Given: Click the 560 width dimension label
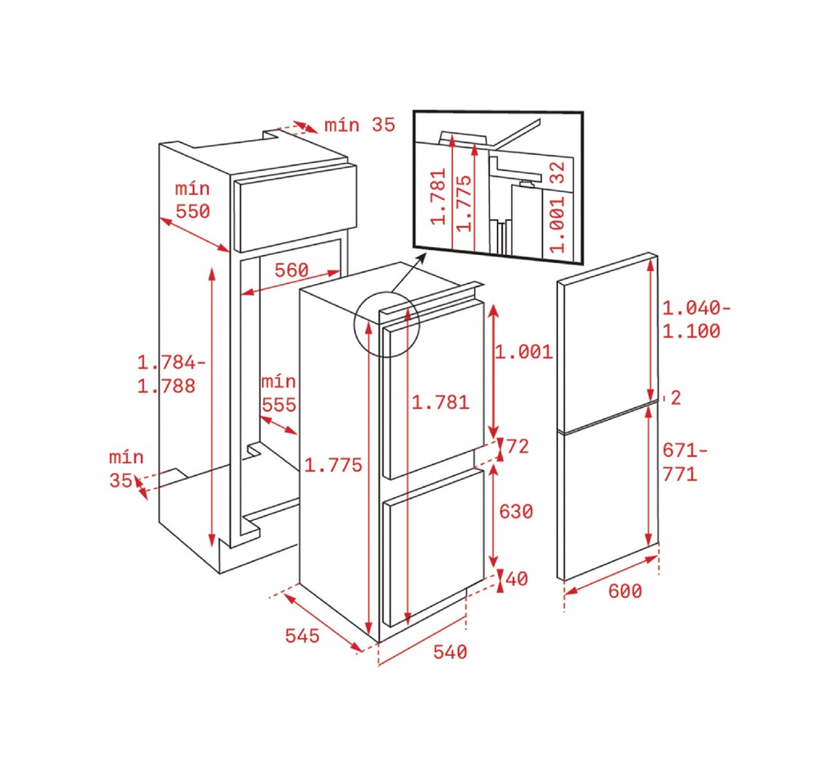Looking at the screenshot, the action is (x=291, y=270).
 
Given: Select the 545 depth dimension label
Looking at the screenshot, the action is (x=302, y=635).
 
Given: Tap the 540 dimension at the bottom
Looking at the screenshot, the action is (x=450, y=651).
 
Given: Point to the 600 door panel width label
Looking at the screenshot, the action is (x=625, y=591).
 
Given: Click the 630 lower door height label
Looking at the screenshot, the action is (x=516, y=511).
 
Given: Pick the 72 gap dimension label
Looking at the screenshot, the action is (x=517, y=446).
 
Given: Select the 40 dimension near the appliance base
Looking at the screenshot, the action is (x=517, y=578).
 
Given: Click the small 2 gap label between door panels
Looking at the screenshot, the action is (x=676, y=397).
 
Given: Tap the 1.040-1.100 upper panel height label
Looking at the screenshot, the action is (x=696, y=319).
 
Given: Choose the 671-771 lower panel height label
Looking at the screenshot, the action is (x=684, y=462).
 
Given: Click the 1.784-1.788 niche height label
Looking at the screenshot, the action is (x=172, y=374).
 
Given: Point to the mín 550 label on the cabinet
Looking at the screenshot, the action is (x=192, y=200).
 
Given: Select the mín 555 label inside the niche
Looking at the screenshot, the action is (x=278, y=393).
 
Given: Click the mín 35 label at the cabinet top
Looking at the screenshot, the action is (x=359, y=125).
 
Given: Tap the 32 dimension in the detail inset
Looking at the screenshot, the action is (x=557, y=172).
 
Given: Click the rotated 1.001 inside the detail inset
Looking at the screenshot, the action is (x=557, y=224).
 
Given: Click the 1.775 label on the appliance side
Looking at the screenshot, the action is (x=333, y=464).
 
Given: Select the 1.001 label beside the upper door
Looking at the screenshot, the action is (x=524, y=352).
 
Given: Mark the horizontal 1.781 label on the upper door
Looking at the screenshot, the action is (x=440, y=402).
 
